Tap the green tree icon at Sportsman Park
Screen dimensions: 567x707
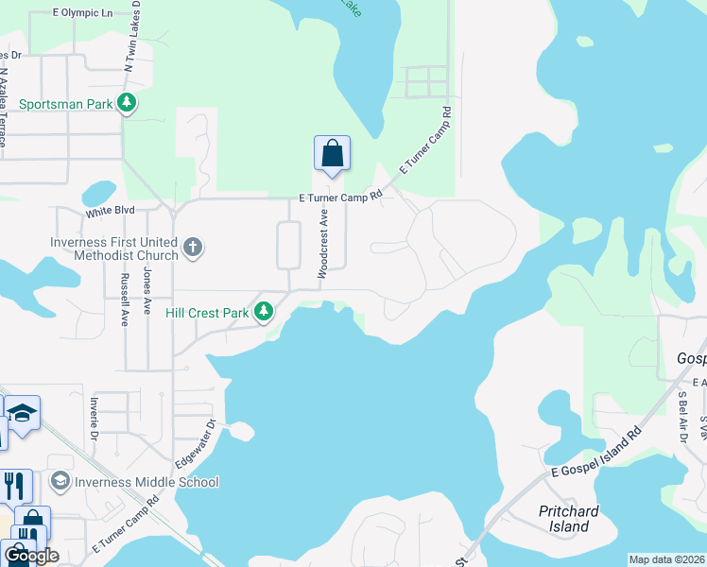coord(126,103)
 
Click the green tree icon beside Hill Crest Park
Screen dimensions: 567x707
coord(266,311)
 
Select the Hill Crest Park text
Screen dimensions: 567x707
coord(206,313)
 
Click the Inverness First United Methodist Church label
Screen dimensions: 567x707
coord(114,249)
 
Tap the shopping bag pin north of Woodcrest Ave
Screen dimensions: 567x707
coord(332,154)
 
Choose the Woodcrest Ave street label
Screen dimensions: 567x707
coord(322,243)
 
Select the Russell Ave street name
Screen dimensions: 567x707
coord(124,300)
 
